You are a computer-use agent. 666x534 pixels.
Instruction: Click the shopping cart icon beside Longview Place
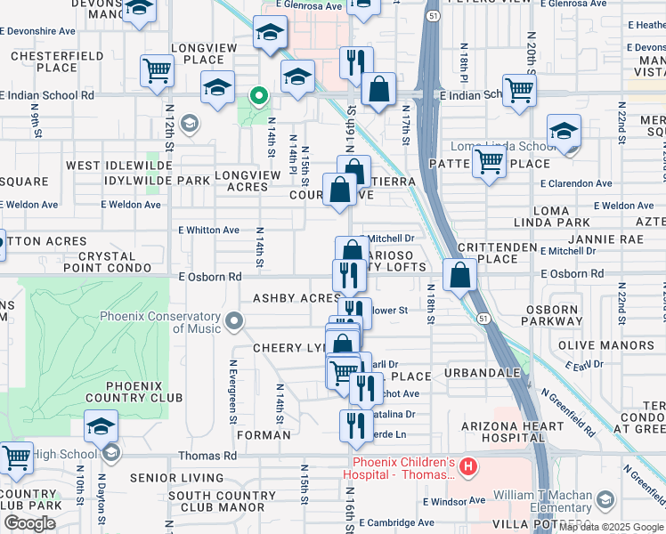pyautogui.click(x=157, y=69)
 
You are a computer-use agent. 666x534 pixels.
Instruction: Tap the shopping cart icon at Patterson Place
pyautogui.click(x=489, y=162)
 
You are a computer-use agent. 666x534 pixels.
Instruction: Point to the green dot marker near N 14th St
pyautogui.click(x=259, y=94)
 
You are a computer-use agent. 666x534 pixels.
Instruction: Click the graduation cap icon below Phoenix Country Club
pyautogui.click(x=102, y=426)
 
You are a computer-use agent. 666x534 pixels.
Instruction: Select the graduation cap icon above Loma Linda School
pyautogui.click(x=564, y=131)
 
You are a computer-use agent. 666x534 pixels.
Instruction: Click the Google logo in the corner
pyautogui.click(x=29, y=522)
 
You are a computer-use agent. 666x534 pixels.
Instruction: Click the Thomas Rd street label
pyautogui.click(x=206, y=456)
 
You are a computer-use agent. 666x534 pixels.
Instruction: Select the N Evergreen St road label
pyautogui.click(x=233, y=385)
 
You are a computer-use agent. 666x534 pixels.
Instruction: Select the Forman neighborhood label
pyautogui.click(x=264, y=435)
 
